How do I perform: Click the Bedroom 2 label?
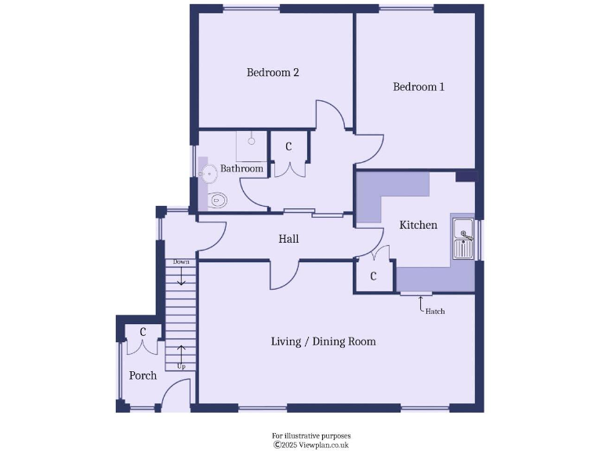pos(273,73)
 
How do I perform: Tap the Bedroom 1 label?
pos(419,87)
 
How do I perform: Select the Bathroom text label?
pos(241,168)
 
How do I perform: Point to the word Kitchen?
pos(419,225)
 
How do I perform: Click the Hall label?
pos(288,239)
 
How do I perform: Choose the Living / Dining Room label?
pos(323,341)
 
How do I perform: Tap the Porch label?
pos(143,376)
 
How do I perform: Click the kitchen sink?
pos(463,239)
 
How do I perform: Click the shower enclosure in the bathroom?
pos(252,145)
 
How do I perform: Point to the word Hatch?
pos(434,312)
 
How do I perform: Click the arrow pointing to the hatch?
pos(420,303)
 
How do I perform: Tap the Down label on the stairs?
pos(181,262)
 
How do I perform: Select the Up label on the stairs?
pos(181,366)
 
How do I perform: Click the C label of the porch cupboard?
pos(143,332)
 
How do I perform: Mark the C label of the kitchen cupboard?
pos(373,276)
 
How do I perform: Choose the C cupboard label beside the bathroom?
pos(288,146)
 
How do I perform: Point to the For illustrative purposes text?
pos(311,435)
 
